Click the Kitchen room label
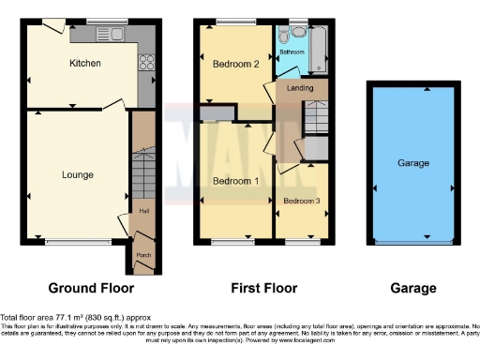coord(84,64)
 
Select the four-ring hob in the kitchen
coord(147,64)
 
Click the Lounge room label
coord(78,174)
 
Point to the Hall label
coord(144,211)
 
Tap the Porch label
coord(144,255)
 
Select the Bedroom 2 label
coord(229,63)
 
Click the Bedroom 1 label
coord(230,180)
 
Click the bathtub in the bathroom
coord(320,51)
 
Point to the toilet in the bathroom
coord(294,35)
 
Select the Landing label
coord(301,89)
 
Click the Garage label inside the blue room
coord(412,163)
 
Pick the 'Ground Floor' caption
coord(90,288)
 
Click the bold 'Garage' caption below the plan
coord(412,288)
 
